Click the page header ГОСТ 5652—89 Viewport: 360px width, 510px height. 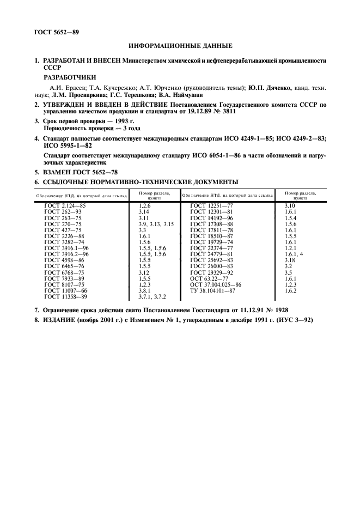coord(57,32)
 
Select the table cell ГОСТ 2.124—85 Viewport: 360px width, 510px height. coord(64,205)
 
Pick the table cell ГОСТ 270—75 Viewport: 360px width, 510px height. coord(63,224)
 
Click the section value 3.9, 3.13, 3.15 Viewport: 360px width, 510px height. coord(156,224)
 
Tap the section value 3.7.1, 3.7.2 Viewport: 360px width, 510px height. coord(152,296)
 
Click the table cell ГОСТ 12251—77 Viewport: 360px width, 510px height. coord(211,205)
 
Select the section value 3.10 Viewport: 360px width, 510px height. coord(290,205)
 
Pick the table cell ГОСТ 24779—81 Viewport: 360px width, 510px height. coord(211,254)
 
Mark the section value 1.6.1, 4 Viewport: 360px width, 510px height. coord(293,254)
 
